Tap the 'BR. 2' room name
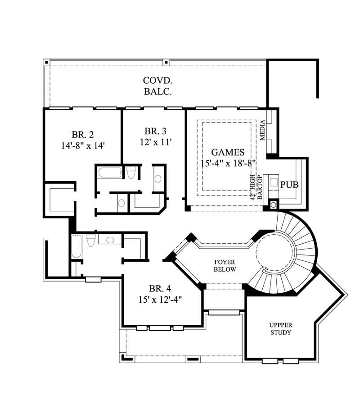(82, 134)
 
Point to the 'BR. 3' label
(155, 131)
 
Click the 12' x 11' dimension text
(155, 141)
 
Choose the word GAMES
(228, 152)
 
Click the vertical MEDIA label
(263, 131)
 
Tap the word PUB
(289, 185)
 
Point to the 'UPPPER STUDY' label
(280, 328)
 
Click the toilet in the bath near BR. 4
(91, 241)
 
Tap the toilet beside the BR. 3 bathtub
(131, 173)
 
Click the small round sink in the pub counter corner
(273, 205)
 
